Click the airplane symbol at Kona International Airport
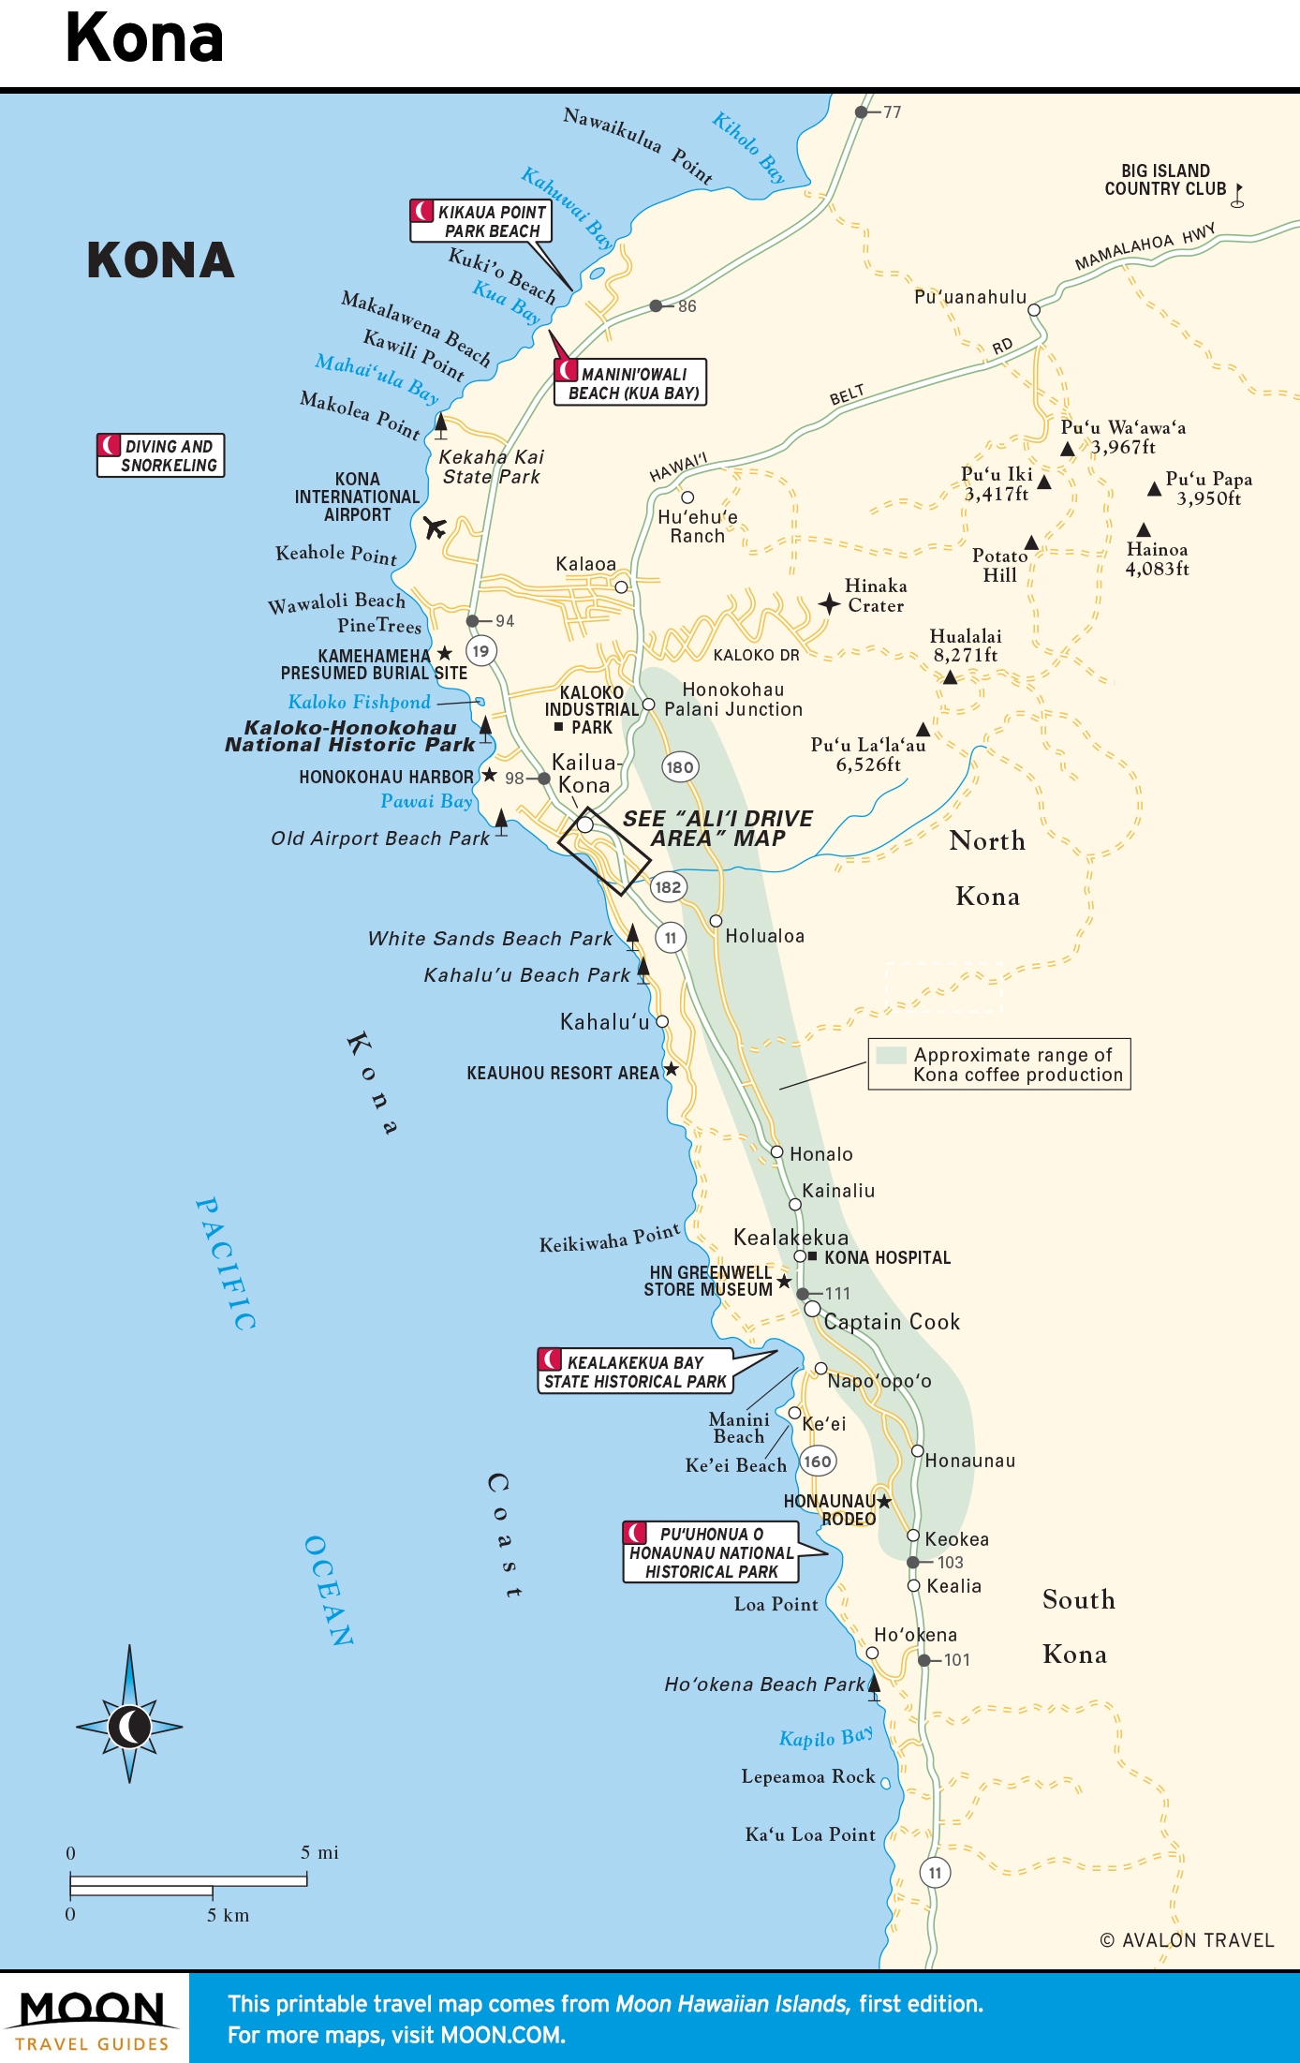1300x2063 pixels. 434,527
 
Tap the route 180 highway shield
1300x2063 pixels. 680,767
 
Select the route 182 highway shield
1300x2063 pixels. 668,887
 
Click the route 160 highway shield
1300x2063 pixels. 818,1462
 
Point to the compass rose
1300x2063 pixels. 129,1726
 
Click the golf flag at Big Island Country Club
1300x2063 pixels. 1237,195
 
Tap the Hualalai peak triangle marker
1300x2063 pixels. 950,677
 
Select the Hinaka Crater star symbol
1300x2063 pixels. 828,603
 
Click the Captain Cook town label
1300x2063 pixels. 892,1322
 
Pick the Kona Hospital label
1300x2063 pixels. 887,1258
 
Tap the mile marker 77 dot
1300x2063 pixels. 861,112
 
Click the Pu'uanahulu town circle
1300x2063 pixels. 1034,310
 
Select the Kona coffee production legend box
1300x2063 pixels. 999,1064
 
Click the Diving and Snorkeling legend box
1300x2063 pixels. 160,455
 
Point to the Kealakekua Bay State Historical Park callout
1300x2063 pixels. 636,1373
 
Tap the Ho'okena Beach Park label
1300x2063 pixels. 764,1685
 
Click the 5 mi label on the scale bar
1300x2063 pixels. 319,1852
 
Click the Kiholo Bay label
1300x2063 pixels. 748,147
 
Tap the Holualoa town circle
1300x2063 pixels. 716,921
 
